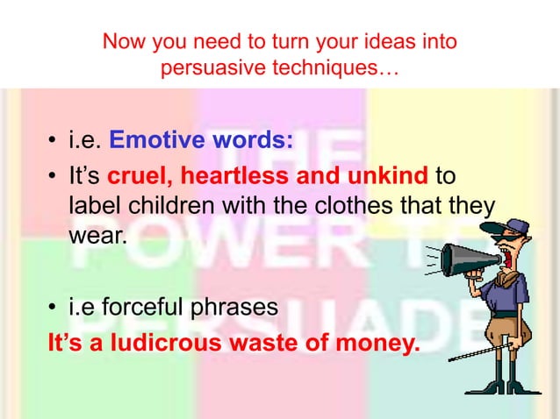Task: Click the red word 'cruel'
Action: tap(138, 178)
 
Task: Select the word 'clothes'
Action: tap(336, 207)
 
